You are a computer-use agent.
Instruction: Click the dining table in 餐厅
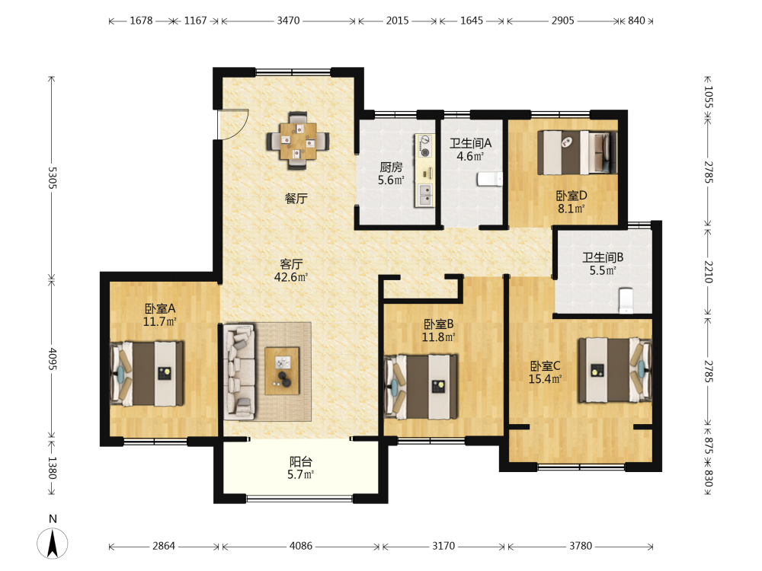pos(297,141)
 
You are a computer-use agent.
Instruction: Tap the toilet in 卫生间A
pos(490,179)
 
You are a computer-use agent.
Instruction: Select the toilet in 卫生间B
pos(626,301)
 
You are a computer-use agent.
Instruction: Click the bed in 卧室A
pos(147,373)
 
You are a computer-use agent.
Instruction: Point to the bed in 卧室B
pos(421,387)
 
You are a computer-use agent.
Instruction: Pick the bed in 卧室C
pos(615,370)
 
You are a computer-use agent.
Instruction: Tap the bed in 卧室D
pos(578,152)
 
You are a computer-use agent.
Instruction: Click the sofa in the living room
pos(239,372)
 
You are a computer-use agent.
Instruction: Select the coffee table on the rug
pos(283,371)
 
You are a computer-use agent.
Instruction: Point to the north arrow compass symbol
pos(53,543)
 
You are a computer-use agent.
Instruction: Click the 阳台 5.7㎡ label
pos(301,468)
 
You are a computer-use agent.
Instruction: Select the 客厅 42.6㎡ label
pos(291,270)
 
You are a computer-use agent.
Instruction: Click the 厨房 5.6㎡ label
pos(391,174)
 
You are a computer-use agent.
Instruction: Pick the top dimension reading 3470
pos(289,21)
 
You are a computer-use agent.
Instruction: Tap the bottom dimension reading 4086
pos(301,546)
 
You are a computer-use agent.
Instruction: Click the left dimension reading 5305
pos(53,177)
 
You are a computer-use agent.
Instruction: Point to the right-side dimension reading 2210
pos(709,272)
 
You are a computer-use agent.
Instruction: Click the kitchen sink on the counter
pos(425,195)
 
